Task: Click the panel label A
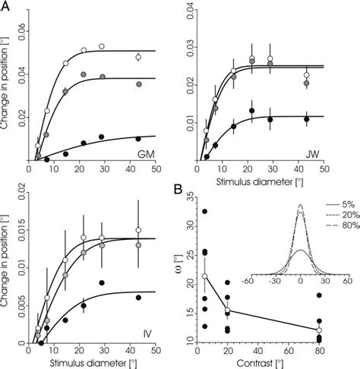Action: tap(8, 7)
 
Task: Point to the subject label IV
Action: tap(144, 333)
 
